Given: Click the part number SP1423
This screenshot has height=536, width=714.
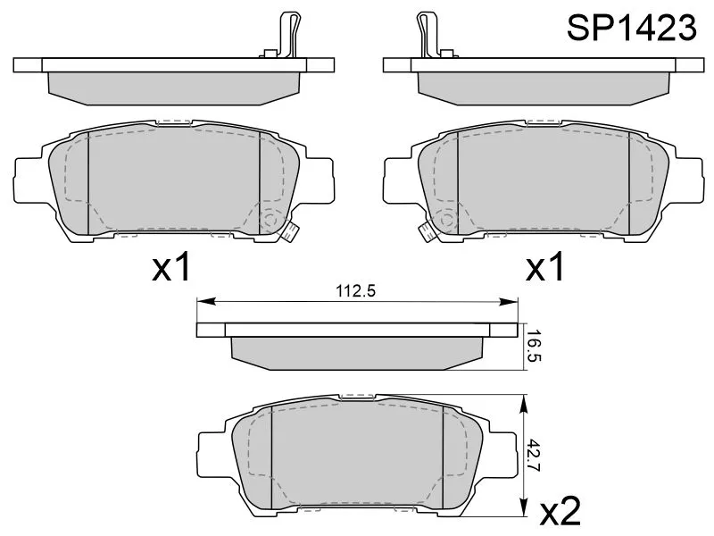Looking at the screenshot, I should (632, 29).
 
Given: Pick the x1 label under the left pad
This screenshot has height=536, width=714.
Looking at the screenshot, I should (171, 267).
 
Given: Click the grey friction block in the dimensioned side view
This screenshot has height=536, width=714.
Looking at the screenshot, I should (357, 351).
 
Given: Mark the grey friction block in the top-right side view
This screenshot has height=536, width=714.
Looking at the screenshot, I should (543, 83).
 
